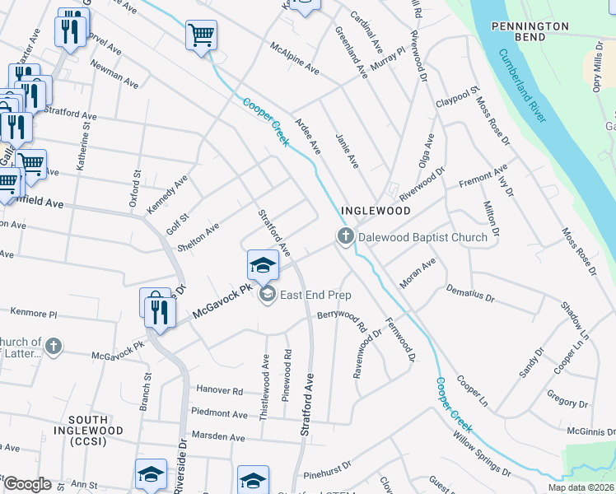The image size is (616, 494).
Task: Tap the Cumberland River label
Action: [520, 85]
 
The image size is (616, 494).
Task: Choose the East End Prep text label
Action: [315, 295]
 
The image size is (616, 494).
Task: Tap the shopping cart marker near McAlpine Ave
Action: [201, 36]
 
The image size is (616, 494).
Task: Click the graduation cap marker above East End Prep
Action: [263, 265]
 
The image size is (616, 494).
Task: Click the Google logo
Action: [26, 484]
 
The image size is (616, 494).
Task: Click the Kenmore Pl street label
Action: [34, 314]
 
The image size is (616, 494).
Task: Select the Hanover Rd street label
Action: [219, 391]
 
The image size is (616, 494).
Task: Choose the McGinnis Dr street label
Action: [590, 430]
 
